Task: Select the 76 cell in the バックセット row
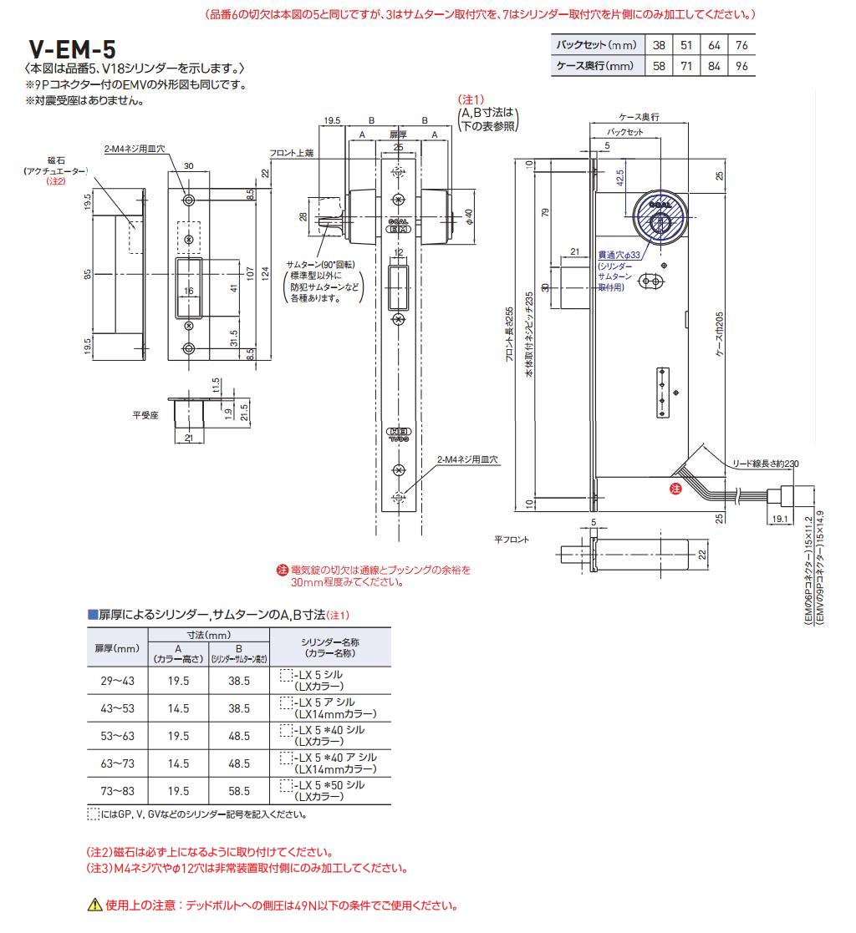point(741,44)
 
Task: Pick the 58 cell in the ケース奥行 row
point(660,66)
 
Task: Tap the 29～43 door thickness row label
point(117,682)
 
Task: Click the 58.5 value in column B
point(239,790)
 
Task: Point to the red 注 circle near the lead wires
point(675,488)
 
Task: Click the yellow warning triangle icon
point(94,905)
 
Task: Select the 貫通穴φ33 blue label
point(618,255)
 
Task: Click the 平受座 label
point(146,413)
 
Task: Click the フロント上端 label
point(291,154)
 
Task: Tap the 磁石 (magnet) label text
point(56,160)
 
